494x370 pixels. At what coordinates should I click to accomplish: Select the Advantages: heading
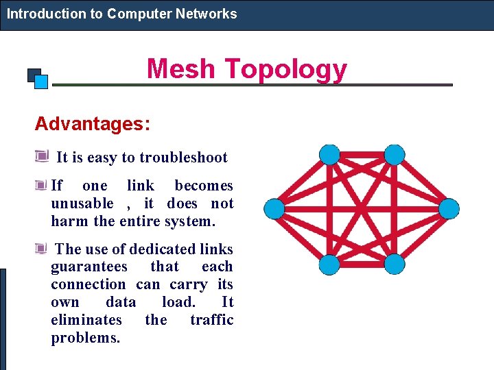click(93, 124)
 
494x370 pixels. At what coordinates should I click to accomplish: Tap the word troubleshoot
click(183, 158)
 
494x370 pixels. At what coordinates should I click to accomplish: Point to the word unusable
click(82, 203)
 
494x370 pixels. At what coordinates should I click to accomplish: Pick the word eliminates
click(86, 320)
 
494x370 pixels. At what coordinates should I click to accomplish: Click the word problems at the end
click(86, 338)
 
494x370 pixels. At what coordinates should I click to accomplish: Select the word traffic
click(211, 320)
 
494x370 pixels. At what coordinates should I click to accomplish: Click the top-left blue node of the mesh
click(330, 155)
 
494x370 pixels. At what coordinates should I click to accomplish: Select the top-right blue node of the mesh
click(394, 155)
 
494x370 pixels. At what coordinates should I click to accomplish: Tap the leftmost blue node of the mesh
click(274, 208)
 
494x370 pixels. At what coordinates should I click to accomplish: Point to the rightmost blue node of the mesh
click(449, 208)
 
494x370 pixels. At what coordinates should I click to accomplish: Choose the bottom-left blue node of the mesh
click(330, 264)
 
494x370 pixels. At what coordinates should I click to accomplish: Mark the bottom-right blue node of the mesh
click(394, 264)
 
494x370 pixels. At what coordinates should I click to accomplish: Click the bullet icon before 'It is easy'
click(41, 156)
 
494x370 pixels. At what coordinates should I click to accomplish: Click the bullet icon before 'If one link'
click(41, 185)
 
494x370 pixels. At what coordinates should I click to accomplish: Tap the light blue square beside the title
click(41, 82)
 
